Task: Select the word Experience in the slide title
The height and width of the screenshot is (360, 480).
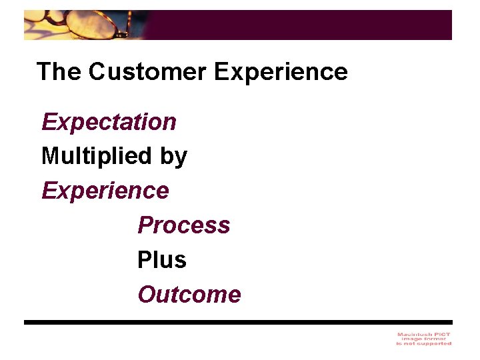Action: tap(281, 71)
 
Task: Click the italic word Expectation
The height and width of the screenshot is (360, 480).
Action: tap(109, 122)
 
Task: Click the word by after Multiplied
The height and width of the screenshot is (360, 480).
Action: tap(173, 157)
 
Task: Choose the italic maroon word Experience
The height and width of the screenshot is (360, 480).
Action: tap(105, 191)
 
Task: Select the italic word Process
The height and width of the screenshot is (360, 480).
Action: tap(183, 225)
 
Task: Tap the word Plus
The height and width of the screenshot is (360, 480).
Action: tap(161, 260)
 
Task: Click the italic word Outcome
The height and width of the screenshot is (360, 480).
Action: tap(189, 295)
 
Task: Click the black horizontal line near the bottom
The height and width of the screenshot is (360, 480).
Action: tap(238, 322)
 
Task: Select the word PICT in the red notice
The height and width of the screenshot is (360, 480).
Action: tap(441, 334)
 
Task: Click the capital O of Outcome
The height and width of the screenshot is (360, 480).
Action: tap(146, 295)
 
